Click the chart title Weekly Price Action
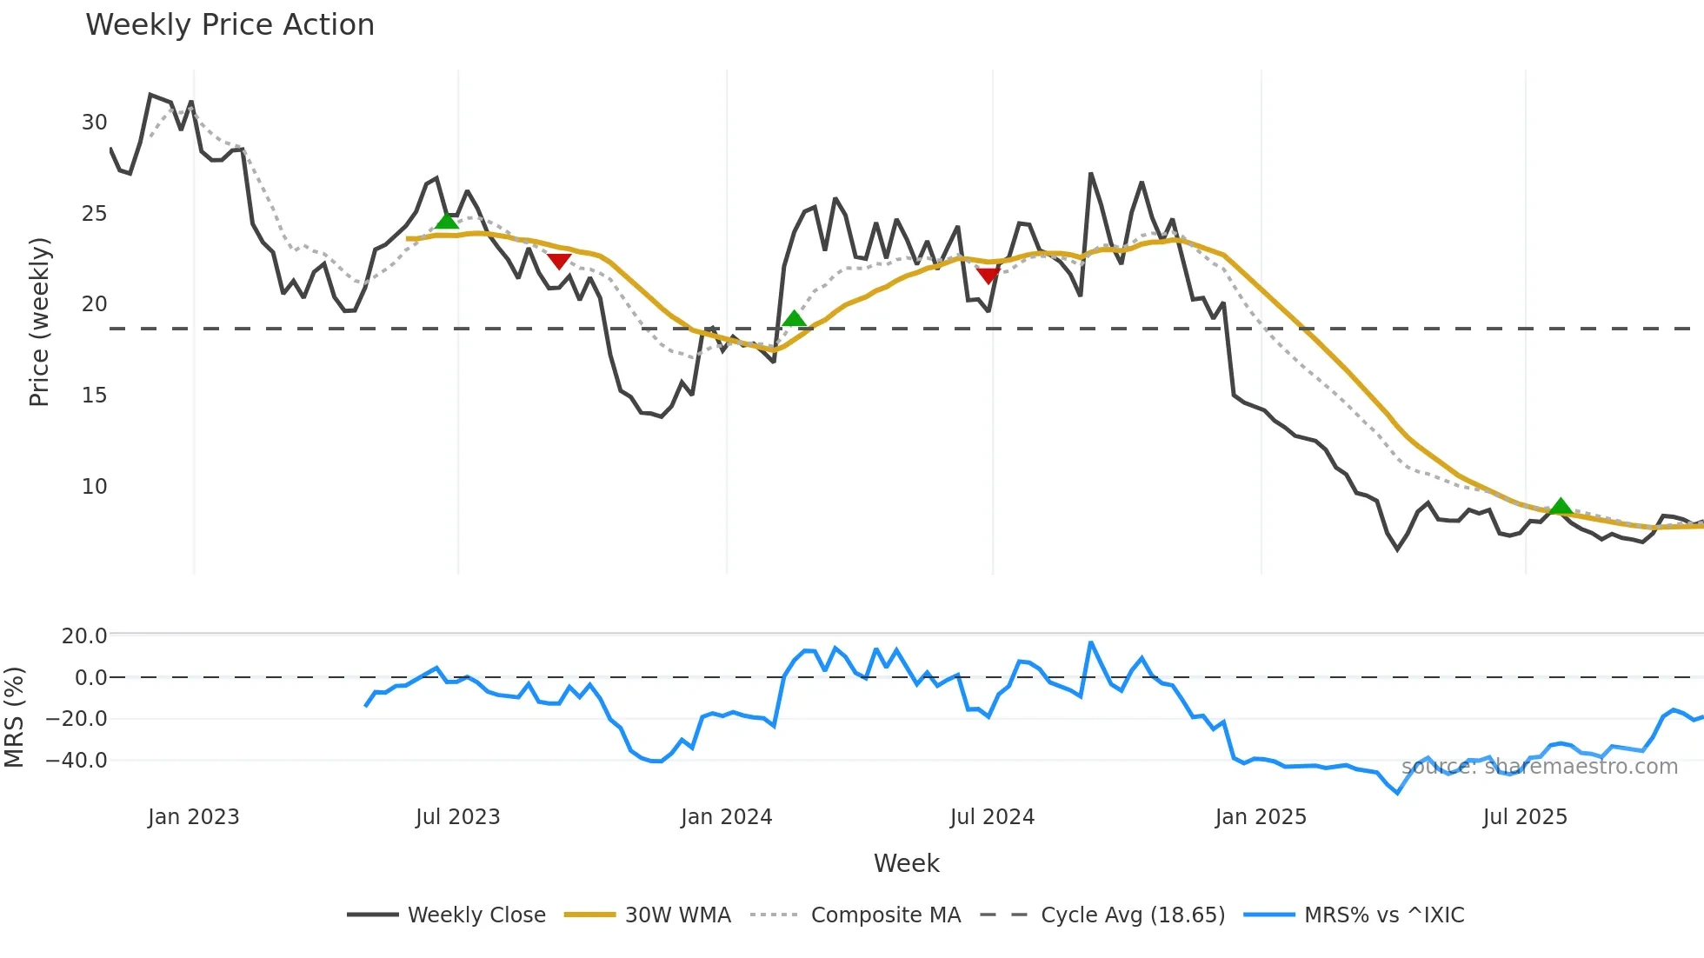[230, 25]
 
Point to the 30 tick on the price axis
[95, 123]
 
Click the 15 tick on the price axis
[95, 396]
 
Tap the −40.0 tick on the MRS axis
[77, 761]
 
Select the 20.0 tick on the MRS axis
[84, 636]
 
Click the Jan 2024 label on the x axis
[726, 817]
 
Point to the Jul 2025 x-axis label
[1525, 817]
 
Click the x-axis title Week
[906, 863]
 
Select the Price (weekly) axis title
[39, 322]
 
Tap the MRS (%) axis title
[14, 717]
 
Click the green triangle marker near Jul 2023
[447, 221]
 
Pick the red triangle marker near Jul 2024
[988, 276]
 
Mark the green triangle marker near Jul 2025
[1561, 506]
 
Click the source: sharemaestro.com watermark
[1539, 767]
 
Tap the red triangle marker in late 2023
[559, 261]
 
